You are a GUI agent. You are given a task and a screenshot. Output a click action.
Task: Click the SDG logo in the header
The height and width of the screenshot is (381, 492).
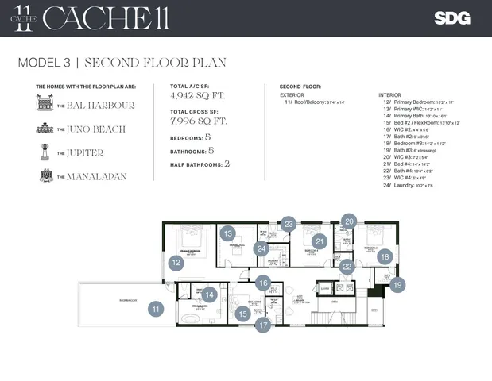451,18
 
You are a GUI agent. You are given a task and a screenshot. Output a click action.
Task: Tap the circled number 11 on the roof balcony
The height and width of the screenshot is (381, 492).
156,310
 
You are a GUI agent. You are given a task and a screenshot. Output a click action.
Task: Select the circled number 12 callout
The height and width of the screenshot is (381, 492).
176,261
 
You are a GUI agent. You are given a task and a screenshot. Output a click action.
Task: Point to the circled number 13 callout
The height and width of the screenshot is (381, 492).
228,233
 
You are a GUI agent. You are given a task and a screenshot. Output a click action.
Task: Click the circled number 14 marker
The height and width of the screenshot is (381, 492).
209,294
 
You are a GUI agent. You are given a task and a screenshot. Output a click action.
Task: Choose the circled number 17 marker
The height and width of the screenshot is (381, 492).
264,324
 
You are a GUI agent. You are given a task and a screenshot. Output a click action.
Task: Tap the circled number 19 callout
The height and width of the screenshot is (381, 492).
397,283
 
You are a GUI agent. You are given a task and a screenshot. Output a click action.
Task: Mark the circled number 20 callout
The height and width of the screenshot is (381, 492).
349,221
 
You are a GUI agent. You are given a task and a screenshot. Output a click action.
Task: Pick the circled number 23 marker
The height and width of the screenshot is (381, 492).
289,225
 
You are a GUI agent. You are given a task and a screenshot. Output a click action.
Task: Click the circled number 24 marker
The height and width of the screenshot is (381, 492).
261,248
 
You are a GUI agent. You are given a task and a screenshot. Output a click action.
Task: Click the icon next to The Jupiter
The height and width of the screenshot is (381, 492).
45,152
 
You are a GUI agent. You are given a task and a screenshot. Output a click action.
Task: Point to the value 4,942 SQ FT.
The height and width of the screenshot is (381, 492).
197,95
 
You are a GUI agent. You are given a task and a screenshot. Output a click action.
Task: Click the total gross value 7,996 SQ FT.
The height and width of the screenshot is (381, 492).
199,121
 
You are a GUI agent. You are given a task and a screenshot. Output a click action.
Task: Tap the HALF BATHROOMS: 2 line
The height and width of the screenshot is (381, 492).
200,164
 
